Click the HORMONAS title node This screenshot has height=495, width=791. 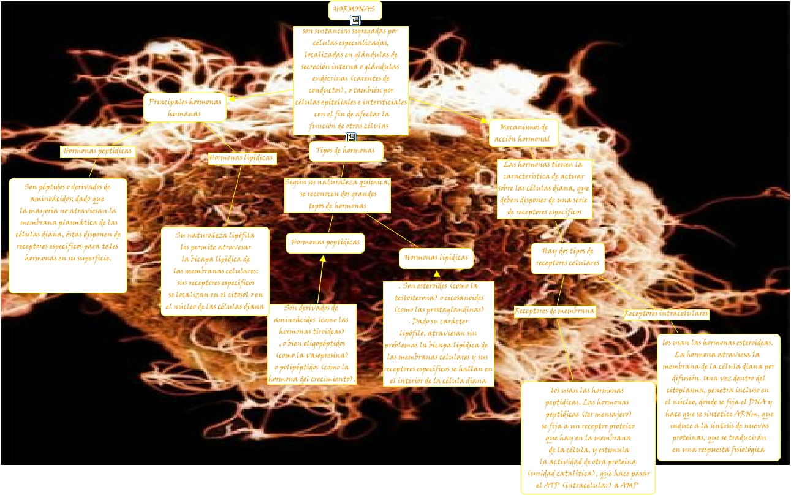(355, 10)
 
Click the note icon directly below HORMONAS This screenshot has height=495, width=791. (355, 21)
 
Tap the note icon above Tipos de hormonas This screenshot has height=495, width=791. (351, 137)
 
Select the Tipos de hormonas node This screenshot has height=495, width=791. (346, 151)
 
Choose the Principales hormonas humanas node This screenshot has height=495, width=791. (184, 108)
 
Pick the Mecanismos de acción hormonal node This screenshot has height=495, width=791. (523, 133)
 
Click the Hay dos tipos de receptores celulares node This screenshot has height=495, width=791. (567, 258)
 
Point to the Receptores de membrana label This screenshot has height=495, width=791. (554, 311)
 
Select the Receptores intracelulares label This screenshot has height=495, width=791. (666, 314)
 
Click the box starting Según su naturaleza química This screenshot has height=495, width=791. (337, 194)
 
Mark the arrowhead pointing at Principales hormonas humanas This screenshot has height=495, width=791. (232, 97)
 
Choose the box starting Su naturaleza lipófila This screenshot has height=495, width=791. (214, 271)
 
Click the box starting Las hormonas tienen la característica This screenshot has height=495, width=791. (544, 189)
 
